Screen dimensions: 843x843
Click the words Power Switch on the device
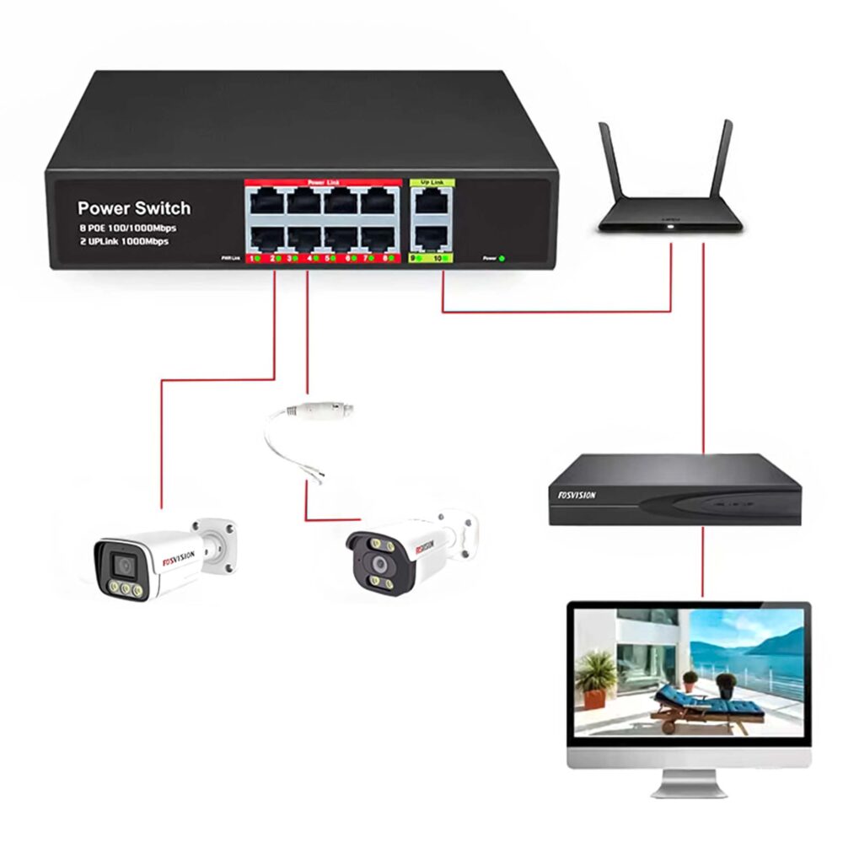134,208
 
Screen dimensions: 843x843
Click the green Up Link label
432,182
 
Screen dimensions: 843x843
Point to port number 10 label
438,258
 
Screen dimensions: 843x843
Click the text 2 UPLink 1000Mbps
123,241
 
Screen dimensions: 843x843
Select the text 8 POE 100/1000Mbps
127,228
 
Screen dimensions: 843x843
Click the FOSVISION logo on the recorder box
577,495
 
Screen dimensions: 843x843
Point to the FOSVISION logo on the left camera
178,557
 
